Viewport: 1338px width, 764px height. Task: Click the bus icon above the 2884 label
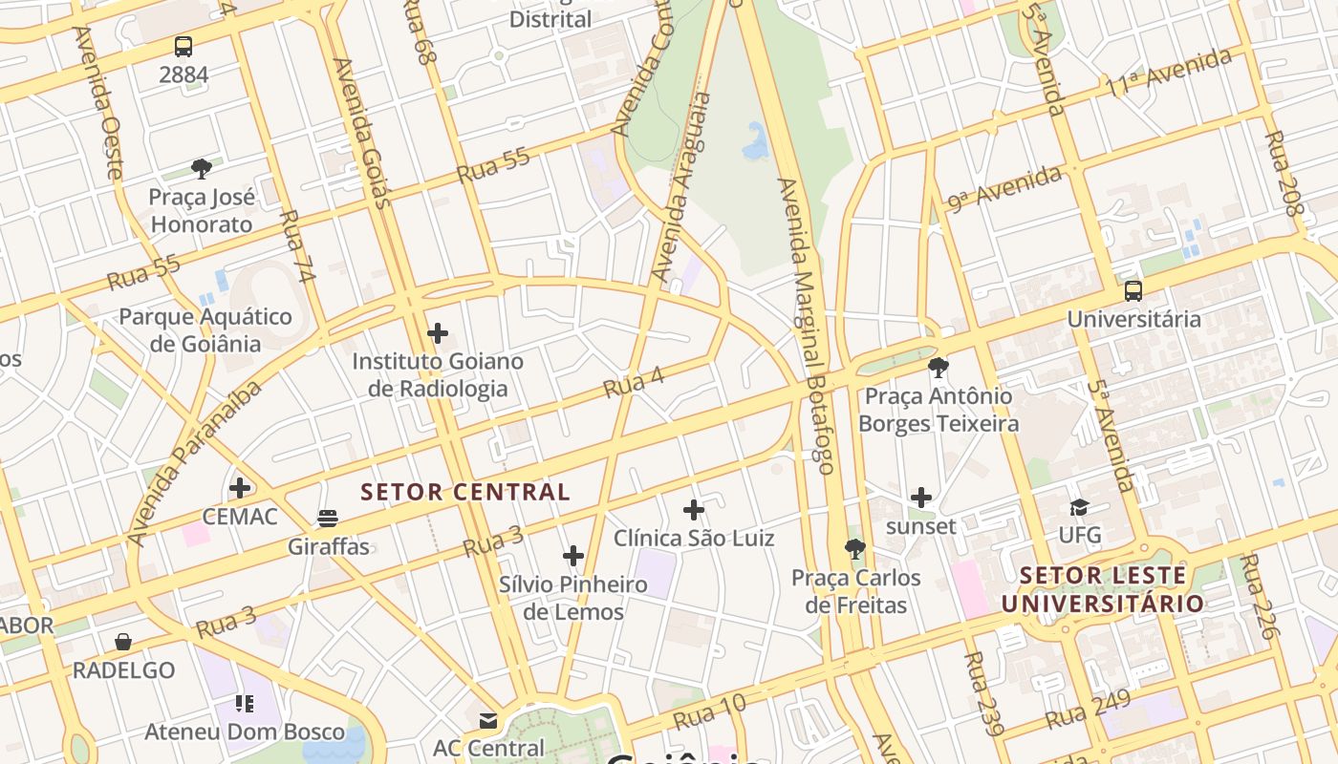pos(183,46)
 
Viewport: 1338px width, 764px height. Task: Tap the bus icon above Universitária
pos(1133,291)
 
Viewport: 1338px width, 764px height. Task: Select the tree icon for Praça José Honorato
pos(201,169)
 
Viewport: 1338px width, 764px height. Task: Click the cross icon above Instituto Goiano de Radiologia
pos(438,333)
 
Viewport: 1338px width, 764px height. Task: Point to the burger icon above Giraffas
pos(328,519)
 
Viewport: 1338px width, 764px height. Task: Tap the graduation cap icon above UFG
pos(1079,507)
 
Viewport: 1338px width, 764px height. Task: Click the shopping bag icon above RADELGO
pos(123,642)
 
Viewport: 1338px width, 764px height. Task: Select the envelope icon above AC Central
pos(488,720)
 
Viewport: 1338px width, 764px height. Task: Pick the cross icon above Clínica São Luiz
pos(694,510)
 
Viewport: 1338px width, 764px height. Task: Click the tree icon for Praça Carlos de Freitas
pos(855,549)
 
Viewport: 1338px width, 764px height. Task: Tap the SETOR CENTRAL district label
pos(465,493)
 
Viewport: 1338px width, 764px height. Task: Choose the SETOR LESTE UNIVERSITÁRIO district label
pos(1102,589)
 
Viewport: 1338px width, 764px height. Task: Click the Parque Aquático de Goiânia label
pos(205,329)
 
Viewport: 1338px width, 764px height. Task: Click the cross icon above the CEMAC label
pos(240,488)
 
